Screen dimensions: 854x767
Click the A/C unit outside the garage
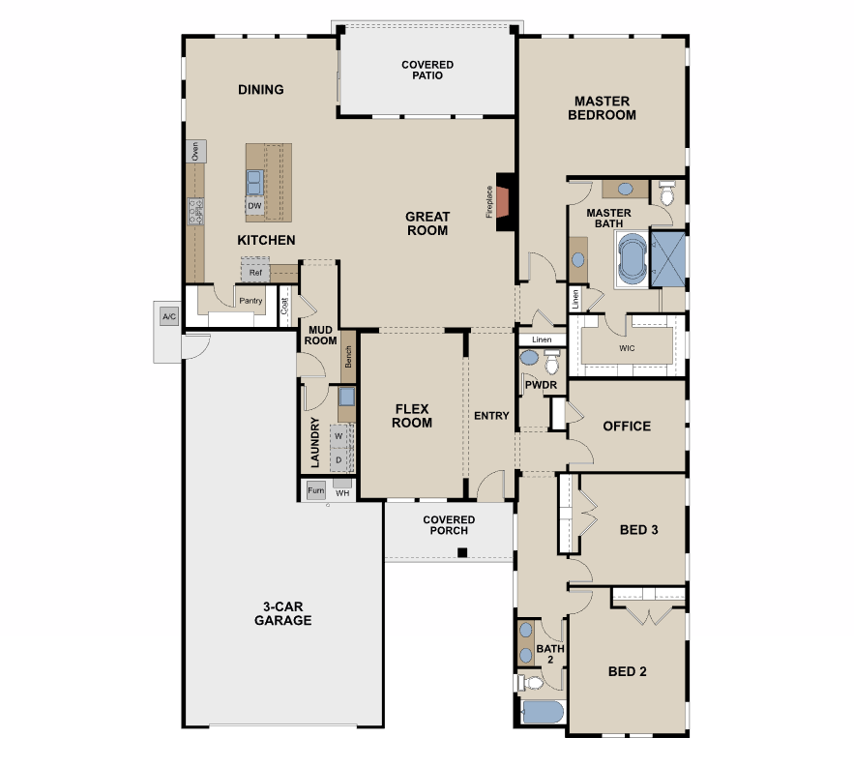click(x=169, y=316)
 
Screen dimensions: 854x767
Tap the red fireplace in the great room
click(x=502, y=202)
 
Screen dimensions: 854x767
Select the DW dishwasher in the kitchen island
click(x=254, y=206)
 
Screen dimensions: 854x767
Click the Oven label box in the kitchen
click(x=196, y=152)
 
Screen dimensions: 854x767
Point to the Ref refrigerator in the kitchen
click(x=255, y=272)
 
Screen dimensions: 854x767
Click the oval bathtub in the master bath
click(x=633, y=257)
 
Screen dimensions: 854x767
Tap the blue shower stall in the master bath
click(x=668, y=259)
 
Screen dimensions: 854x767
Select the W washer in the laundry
click(x=339, y=436)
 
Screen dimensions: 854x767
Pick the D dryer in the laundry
click(x=339, y=459)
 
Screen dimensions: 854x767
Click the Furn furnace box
click(x=316, y=490)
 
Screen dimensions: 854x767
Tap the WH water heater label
click(x=342, y=493)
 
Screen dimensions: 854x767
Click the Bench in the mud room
click(x=348, y=357)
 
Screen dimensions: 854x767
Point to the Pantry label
click(x=250, y=301)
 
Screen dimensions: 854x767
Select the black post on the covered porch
click(x=462, y=553)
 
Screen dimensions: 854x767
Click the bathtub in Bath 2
click(x=543, y=712)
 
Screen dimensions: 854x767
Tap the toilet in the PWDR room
click(x=551, y=363)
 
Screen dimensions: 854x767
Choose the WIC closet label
click(x=627, y=348)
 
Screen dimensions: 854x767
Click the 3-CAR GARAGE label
click(x=282, y=613)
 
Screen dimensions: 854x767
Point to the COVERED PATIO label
click(x=427, y=70)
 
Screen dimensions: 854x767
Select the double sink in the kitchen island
click(x=255, y=182)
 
